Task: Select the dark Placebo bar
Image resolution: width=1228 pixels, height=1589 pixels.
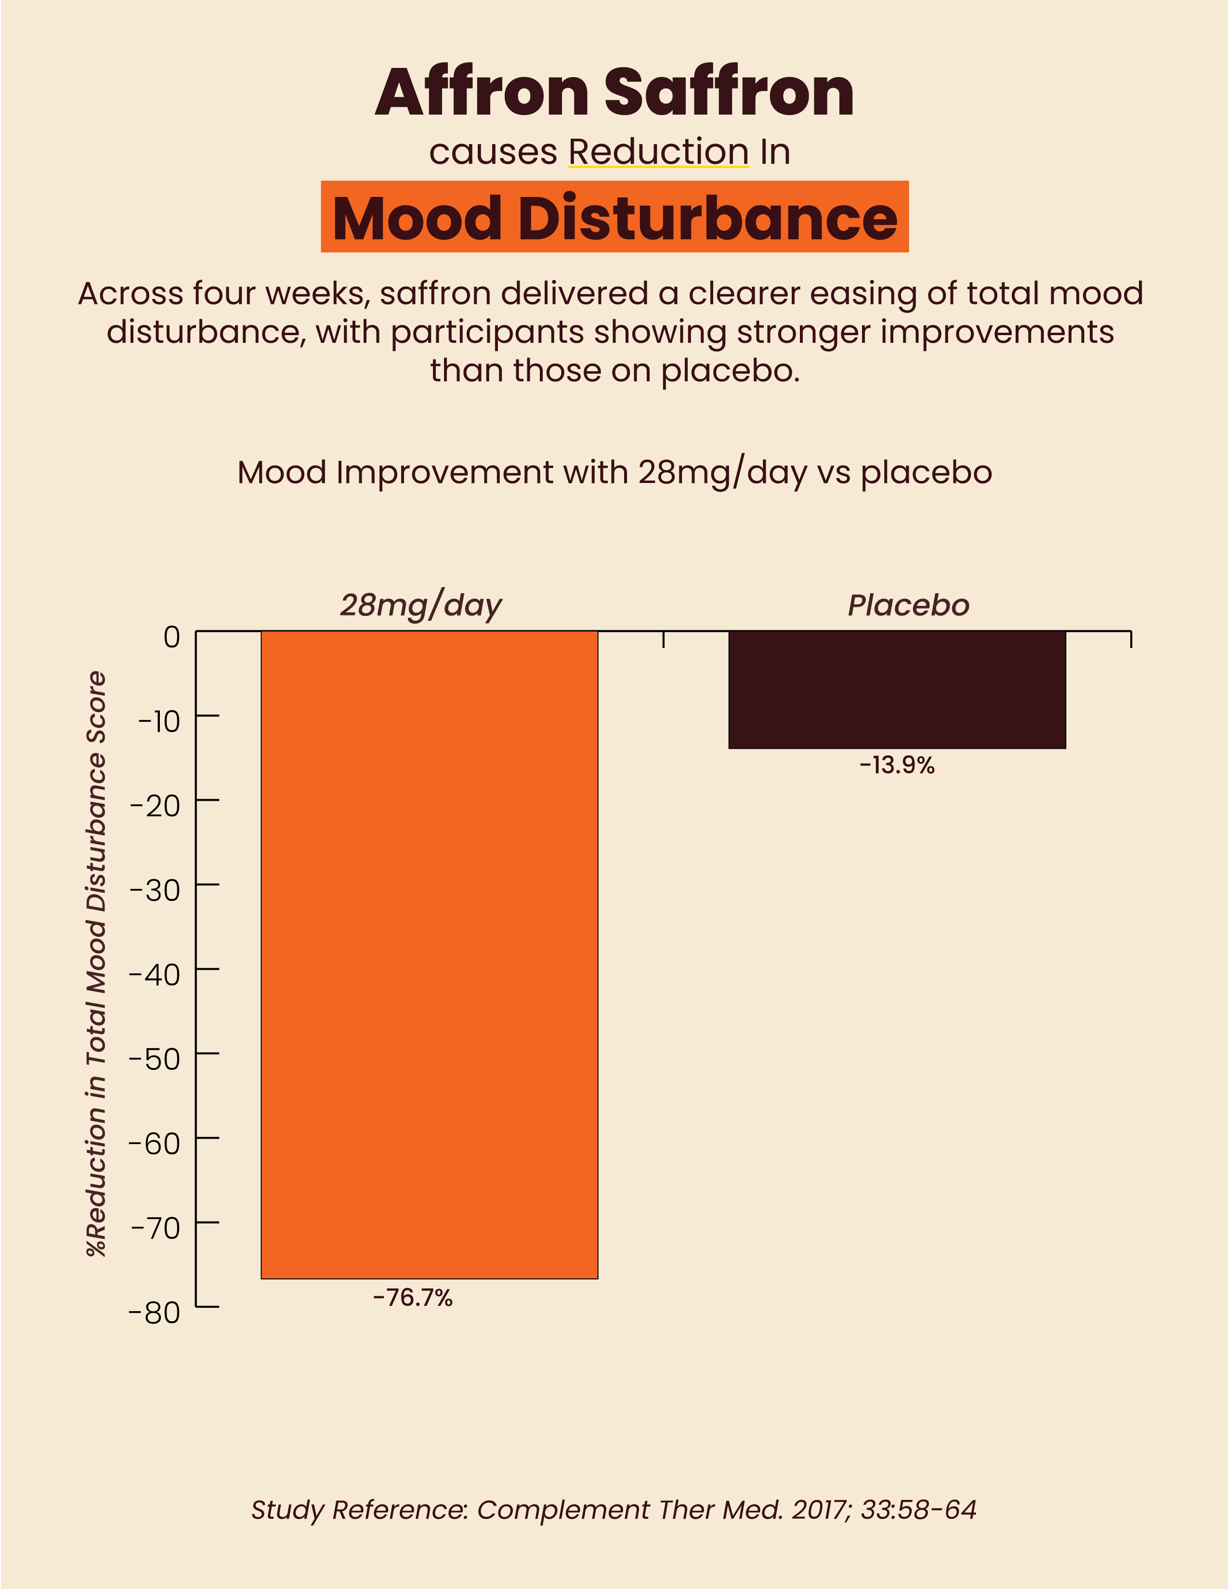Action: [x=897, y=689]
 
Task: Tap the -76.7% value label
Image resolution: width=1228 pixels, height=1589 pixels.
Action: [x=413, y=1297]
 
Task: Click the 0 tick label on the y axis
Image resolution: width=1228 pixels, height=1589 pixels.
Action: [x=172, y=638]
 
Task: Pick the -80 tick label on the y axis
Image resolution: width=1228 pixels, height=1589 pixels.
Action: [x=154, y=1313]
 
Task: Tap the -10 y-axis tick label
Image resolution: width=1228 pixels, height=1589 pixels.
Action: [x=158, y=722]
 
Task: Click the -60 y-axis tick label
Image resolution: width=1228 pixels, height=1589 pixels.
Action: [x=154, y=1144]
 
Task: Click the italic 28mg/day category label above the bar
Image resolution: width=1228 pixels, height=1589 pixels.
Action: [x=420, y=605]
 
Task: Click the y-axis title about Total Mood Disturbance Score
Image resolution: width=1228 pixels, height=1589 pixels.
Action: [x=97, y=964]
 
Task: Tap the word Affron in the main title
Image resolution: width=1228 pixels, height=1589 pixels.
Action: [x=482, y=92]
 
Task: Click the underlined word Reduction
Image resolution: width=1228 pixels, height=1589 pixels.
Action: [x=658, y=152]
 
